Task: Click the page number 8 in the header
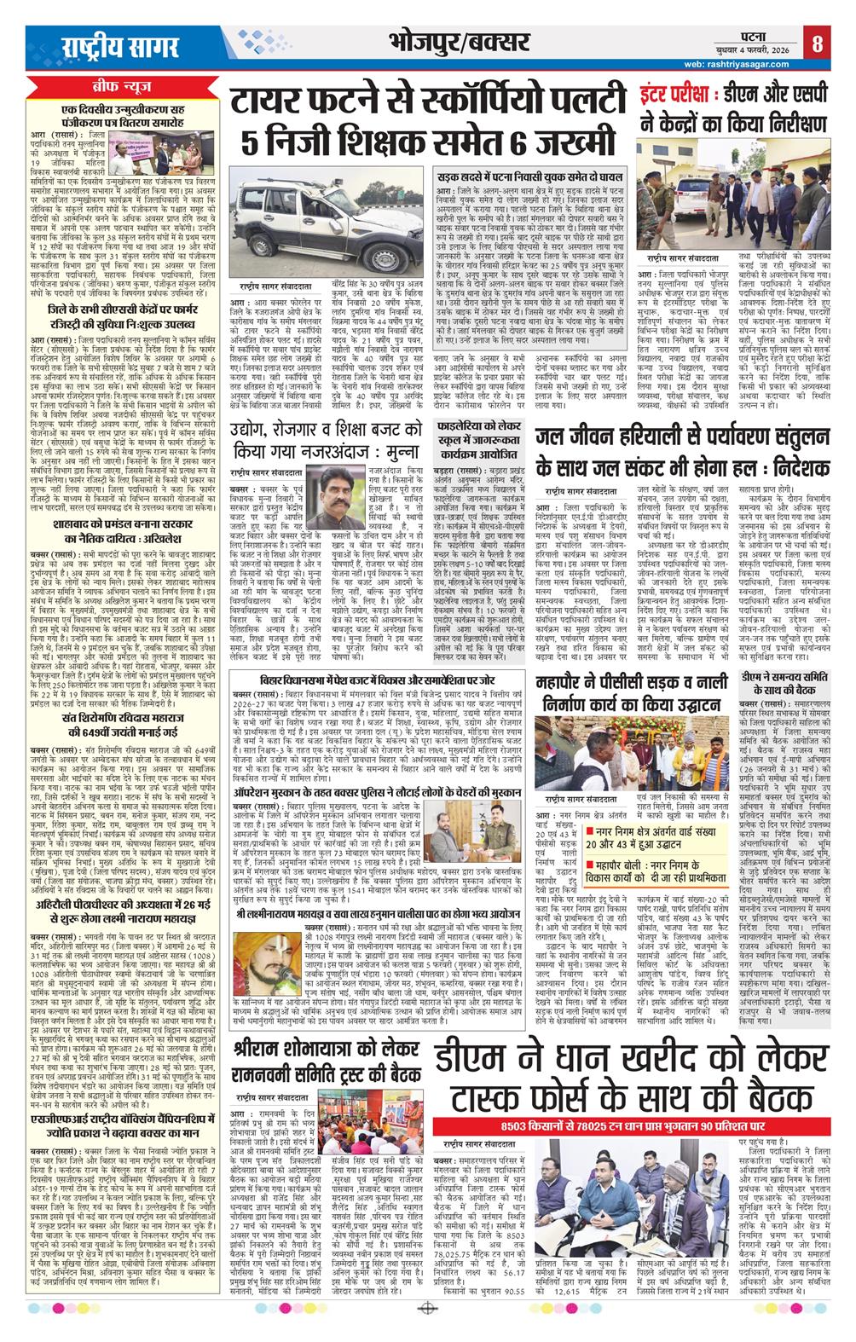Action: [x=817, y=43]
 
